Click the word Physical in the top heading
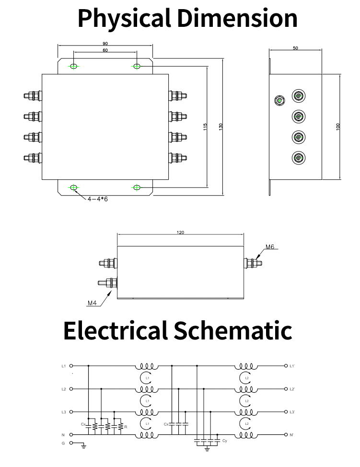(124, 18)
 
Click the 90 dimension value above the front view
(105, 44)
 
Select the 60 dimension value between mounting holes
(105, 50)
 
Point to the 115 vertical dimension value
(205, 127)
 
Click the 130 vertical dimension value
(221, 127)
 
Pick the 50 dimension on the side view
(295, 48)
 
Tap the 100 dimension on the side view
(338, 127)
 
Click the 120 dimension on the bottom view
(180, 233)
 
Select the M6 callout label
(270, 247)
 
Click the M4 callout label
(92, 303)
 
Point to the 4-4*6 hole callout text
(98, 198)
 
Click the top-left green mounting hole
(73, 66)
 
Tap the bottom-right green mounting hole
(137, 187)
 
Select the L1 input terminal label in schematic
(63, 366)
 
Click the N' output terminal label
(292, 435)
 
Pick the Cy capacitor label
(225, 440)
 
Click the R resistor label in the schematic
(125, 426)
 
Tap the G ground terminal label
(63, 443)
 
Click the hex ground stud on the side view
(279, 100)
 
